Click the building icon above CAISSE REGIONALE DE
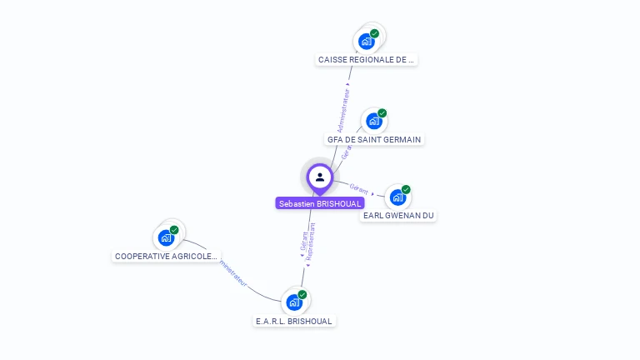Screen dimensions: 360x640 [x=366, y=41]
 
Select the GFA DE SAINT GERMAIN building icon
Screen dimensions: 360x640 [x=373, y=121]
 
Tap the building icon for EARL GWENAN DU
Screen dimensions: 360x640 [x=397, y=197]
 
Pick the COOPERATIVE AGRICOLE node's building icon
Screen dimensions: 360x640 [x=166, y=237]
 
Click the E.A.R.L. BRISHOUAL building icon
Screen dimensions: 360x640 [x=293, y=302]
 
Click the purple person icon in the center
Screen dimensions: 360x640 [x=319, y=177]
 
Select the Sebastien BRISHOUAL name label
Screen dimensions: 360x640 [x=320, y=203]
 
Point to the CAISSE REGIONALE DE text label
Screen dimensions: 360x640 [x=366, y=60]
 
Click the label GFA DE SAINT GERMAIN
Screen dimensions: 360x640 [x=374, y=140]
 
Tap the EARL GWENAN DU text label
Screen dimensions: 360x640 [x=398, y=216]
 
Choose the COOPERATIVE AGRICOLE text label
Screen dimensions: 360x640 [x=166, y=257]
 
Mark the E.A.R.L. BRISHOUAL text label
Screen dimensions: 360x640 [x=294, y=321]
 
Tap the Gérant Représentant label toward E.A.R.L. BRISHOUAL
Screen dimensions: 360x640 [x=307, y=242]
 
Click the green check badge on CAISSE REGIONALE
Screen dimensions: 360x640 [x=375, y=33]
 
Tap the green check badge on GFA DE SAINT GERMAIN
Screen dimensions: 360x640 [x=382, y=113]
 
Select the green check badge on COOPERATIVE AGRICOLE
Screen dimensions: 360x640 [x=174, y=230]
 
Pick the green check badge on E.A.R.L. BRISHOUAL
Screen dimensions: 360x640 [x=302, y=294]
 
